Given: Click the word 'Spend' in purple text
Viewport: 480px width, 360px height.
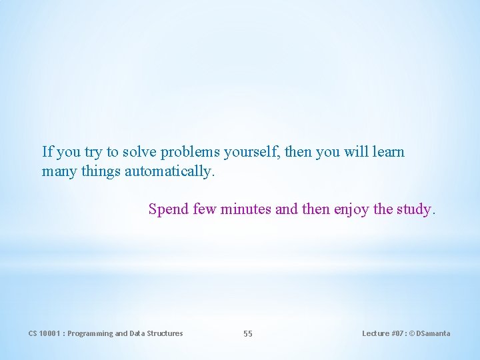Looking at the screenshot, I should coord(169,209).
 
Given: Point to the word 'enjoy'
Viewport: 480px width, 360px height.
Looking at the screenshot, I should coord(351,210).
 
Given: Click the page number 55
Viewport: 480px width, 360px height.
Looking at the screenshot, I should coord(248,333).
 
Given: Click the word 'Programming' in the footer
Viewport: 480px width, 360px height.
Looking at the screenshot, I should coord(90,333).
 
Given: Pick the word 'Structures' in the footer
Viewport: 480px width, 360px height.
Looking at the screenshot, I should coord(165,333).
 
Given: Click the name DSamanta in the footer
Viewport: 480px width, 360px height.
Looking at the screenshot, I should coord(434,333).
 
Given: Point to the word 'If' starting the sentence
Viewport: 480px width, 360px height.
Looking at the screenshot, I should coord(47,152).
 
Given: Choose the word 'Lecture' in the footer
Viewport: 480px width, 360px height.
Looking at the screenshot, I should coord(375,333).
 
